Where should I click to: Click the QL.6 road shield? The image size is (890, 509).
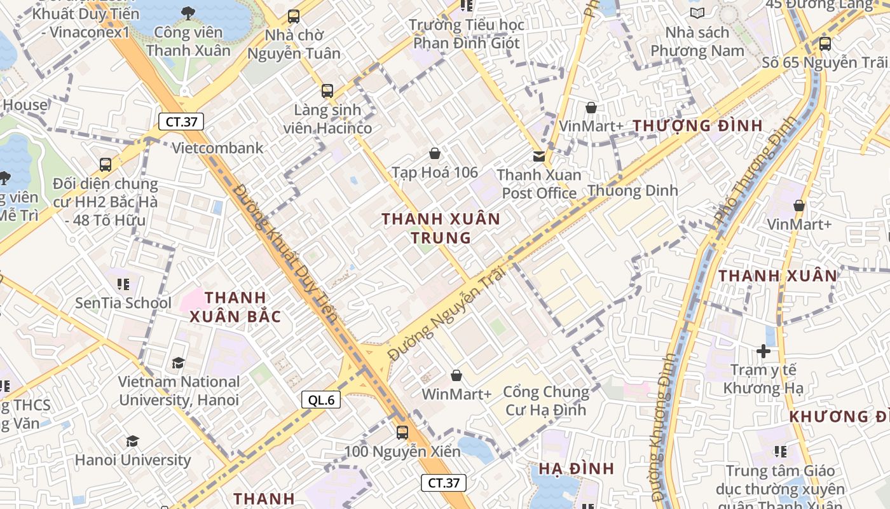point(321,400)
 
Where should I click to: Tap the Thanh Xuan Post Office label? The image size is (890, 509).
point(539,184)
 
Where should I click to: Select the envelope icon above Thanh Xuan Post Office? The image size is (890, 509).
point(539,156)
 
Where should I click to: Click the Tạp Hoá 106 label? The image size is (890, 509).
point(435,172)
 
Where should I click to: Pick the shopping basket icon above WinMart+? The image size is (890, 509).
point(456,376)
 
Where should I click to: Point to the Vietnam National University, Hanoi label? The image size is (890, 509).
point(179,391)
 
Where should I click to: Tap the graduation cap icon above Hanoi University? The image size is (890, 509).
point(132,441)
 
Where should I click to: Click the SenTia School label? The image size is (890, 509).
point(123,303)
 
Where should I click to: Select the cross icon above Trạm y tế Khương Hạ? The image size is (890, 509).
point(763,351)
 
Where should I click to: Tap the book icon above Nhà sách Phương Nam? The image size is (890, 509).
point(697,13)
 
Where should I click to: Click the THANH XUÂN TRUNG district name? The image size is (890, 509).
point(441,228)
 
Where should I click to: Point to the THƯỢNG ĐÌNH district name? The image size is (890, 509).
point(697,126)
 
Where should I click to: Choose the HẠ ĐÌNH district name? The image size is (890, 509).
point(576,469)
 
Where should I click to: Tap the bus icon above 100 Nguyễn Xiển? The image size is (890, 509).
point(402,433)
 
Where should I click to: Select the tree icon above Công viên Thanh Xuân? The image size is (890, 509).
point(188,13)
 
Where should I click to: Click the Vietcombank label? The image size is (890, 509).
point(218,148)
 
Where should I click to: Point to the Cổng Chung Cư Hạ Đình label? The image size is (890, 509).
point(547,400)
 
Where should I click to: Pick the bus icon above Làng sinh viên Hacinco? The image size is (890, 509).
point(327,91)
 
